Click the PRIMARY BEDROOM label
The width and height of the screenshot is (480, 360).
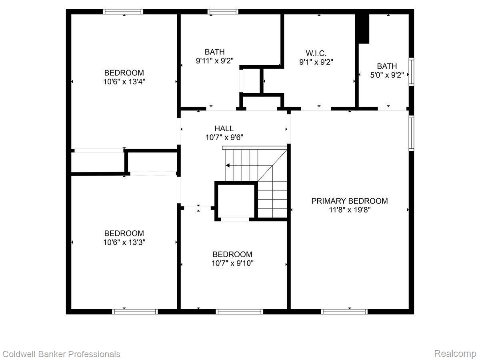[x=350, y=201]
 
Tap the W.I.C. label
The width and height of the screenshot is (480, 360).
[x=316, y=53]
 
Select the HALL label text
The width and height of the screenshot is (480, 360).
[x=224, y=128]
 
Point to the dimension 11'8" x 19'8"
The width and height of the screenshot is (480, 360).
[x=350, y=210]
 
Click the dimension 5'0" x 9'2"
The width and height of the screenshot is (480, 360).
[x=387, y=75]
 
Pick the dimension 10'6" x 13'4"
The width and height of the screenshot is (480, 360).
[x=124, y=82]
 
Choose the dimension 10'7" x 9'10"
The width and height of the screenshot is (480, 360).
[x=232, y=263]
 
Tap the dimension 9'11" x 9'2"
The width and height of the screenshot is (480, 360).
[x=214, y=61]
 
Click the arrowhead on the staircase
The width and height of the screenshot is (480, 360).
[x=228, y=165]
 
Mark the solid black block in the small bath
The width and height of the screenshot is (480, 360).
[x=363, y=28]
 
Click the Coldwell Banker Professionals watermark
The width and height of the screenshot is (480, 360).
[x=61, y=354]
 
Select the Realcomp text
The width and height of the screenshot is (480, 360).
[x=455, y=354]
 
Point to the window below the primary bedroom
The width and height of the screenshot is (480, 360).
[x=344, y=311]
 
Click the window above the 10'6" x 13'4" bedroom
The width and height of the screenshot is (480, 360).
[x=123, y=12]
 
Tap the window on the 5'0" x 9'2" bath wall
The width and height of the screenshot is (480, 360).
[x=411, y=72]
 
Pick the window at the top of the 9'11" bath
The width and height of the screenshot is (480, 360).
[x=223, y=12]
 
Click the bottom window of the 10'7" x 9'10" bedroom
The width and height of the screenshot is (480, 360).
[x=239, y=311]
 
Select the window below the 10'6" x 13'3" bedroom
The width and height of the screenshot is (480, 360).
[x=135, y=311]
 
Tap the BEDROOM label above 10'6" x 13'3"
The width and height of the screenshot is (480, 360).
[x=124, y=233]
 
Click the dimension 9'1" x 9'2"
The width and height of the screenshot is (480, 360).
[x=316, y=62]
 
